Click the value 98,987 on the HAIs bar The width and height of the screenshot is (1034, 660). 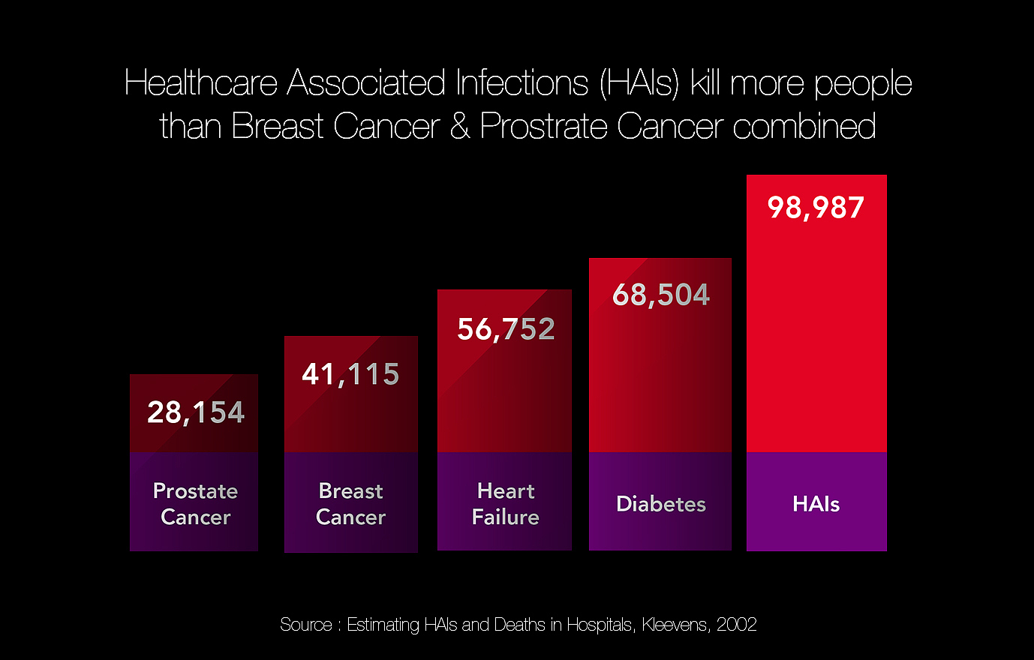[816, 208]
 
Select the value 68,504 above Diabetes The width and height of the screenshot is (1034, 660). [661, 295]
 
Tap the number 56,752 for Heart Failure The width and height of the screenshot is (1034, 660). [506, 329]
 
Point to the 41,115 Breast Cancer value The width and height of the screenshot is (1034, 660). [350, 374]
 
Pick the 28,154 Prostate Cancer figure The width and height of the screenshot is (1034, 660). [196, 412]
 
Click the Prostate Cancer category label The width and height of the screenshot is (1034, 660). [195, 504]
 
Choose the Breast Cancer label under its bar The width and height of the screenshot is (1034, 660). [350, 504]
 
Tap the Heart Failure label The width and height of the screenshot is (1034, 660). [505, 504]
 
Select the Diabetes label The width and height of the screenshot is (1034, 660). [661, 504]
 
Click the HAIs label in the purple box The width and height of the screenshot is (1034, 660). [816, 504]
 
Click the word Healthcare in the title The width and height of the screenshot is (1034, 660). [201, 82]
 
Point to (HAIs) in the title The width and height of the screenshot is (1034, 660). [639, 82]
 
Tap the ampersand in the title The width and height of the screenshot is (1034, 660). [460, 126]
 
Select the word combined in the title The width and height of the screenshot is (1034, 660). [804, 126]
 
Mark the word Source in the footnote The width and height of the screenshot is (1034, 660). [305, 625]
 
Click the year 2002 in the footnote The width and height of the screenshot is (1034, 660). [736, 625]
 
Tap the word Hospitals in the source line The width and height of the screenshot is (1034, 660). [600, 625]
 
